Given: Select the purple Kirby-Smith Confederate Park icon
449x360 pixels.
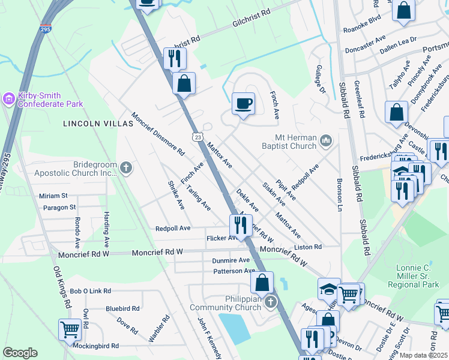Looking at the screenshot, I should [x=9, y=97].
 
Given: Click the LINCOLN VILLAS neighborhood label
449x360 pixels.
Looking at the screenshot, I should [x=97, y=124].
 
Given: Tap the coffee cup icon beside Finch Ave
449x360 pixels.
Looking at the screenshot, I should [x=243, y=104].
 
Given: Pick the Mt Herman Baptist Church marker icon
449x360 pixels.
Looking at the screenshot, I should [x=326, y=140].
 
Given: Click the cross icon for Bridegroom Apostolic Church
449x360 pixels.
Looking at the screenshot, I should [x=125, y=167].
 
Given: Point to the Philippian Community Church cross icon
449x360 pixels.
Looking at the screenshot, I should [x=270, y=302].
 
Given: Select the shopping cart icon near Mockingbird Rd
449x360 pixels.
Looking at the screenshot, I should [x=70, y=329].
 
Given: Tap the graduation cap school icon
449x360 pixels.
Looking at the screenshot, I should [x=329, y=289].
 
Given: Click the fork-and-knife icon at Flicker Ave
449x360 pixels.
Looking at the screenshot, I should [x=240, y=225].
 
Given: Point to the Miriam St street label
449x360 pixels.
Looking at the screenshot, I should [x=53, y=196].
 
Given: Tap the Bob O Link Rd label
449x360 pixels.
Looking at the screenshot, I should [x=91, y=291].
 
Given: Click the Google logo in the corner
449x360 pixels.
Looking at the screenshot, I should [x=20, y=353].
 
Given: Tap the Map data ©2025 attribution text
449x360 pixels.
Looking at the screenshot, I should [x=423, y=355].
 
